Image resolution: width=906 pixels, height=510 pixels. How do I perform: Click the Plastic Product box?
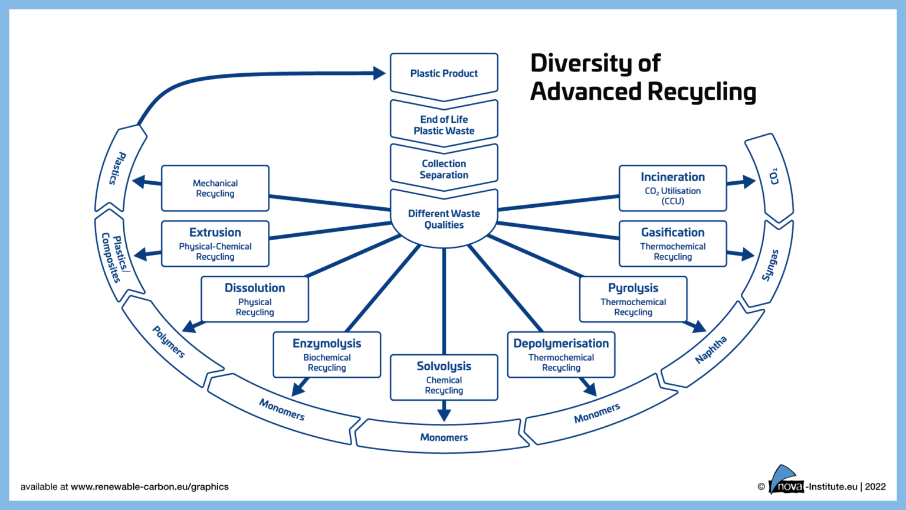[x=444, y=73]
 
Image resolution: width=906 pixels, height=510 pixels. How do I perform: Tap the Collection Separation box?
[x=444, y=169]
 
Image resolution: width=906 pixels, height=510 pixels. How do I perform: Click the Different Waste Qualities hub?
[x=444, y=219]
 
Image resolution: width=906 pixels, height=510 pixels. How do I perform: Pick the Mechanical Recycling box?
[x=215, y=188]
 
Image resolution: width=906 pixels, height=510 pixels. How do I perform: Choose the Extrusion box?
[x=215, y=244]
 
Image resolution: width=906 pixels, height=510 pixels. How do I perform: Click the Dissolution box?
[x=255, y=299]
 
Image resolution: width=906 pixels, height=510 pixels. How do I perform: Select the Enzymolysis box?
[x=327, y=355]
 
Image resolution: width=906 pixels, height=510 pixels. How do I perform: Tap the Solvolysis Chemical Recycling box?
[x=444, y=378]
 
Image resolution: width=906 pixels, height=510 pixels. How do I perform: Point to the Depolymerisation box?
[x=561, y=355]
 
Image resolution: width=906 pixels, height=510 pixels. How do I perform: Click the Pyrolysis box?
[x=633, y=299]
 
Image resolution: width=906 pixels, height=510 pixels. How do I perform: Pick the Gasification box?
[x=672, y=244]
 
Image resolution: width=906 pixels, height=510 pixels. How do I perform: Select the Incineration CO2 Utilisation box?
[x=672, y=188]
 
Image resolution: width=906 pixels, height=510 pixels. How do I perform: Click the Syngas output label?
[x=770, y=265]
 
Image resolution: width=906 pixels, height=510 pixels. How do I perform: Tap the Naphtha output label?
[x=711, y=349]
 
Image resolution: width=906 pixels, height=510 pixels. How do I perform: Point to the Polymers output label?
[x=169, y=342]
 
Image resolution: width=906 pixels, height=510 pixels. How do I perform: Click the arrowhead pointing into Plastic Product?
[x=379, y=73]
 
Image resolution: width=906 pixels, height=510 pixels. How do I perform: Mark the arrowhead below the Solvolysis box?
[x=444, y=413]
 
